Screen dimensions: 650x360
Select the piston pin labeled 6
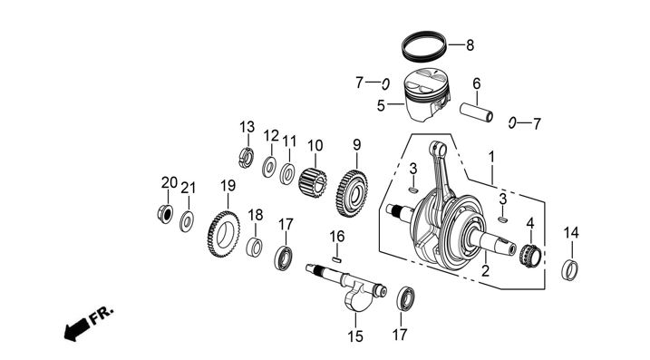(x=476, y=112)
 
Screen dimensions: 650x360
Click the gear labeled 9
(x=352, y=193)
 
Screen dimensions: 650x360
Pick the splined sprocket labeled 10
(x=313, y=182)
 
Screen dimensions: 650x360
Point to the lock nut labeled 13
(x=246, y=158)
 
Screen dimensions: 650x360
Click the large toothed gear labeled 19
(x=223, y=234)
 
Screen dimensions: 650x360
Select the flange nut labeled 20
(x=165, y=214)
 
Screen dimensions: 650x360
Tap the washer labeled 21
(x=188, y=221)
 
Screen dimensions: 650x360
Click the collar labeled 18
(x=254, y=248)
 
